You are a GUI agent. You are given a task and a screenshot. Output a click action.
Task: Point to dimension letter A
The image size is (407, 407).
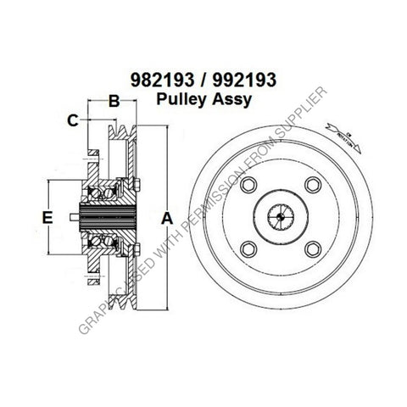pyautogui.click(x=166, y=218)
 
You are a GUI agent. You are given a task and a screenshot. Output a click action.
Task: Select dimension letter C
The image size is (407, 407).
pyautogui.click(x=73, y=120)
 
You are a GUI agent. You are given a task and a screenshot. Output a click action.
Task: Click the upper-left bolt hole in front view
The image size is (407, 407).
pyautogui.click(x=249, y=187)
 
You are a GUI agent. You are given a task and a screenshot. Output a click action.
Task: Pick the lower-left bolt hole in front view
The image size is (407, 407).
pyautogui.click(x=249, y=248)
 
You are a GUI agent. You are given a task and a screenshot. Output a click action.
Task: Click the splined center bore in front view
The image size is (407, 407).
pyautogui.click(x=281, y=218)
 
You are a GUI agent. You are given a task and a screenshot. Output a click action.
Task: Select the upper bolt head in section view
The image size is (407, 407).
pyautogui.click(x=136, y=185)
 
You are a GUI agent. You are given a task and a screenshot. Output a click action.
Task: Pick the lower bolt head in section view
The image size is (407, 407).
pyautogui.click(x=136, y=248)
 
